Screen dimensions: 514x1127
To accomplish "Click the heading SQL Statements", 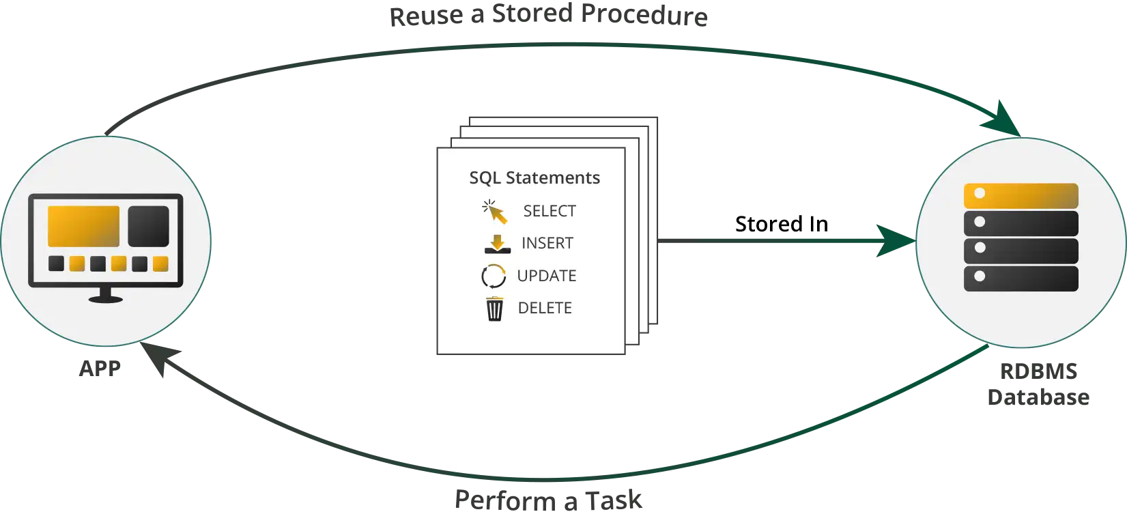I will point(534,177).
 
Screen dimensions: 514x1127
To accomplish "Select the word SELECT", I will point(550,211).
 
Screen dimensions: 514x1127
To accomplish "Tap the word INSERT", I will point(547,243).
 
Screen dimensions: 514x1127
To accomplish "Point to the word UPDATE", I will point(547,276).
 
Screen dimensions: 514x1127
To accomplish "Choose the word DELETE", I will point(545,308).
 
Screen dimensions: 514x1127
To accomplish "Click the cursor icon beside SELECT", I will point(495,212).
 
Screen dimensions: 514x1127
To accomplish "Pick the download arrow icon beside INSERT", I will point(497,244).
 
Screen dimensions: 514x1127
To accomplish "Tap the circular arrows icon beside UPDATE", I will point(494,276).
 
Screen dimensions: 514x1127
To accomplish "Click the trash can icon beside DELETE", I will point(494,309).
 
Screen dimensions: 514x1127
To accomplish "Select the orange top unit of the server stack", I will point(1021,196).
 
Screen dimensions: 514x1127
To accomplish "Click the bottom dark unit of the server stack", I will point(1021,279).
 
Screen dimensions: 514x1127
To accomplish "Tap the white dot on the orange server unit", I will point(980,194).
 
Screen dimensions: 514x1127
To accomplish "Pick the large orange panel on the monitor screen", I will point(83,226).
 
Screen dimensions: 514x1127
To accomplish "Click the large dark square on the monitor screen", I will point(148,226).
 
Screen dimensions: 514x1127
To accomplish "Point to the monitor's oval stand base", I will point(106,299).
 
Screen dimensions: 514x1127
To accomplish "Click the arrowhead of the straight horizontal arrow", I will point(894,240).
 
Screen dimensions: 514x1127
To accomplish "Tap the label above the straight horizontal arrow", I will point(780,223).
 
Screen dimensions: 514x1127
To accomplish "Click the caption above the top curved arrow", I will point(548,15).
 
